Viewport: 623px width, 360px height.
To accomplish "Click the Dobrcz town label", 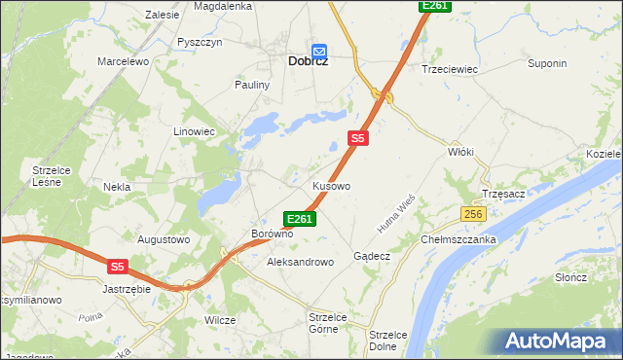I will [308, 60].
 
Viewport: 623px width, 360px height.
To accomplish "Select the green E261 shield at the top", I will [434, 6].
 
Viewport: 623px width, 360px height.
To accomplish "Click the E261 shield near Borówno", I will [299, 219].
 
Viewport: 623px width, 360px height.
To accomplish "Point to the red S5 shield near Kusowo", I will [358, 138].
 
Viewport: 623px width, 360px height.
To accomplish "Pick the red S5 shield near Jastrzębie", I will [118, 266].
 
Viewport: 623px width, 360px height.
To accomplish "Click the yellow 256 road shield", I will [473, 214].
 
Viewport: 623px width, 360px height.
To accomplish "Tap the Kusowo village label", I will [331, 185].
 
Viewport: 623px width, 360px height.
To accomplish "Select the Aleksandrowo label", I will [300, 262].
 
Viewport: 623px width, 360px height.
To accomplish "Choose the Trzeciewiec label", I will [447, 69].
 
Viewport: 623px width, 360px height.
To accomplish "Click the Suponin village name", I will [546, 64].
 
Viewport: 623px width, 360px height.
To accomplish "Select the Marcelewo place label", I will [122, 61].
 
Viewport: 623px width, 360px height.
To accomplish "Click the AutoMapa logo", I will [555, 341].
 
